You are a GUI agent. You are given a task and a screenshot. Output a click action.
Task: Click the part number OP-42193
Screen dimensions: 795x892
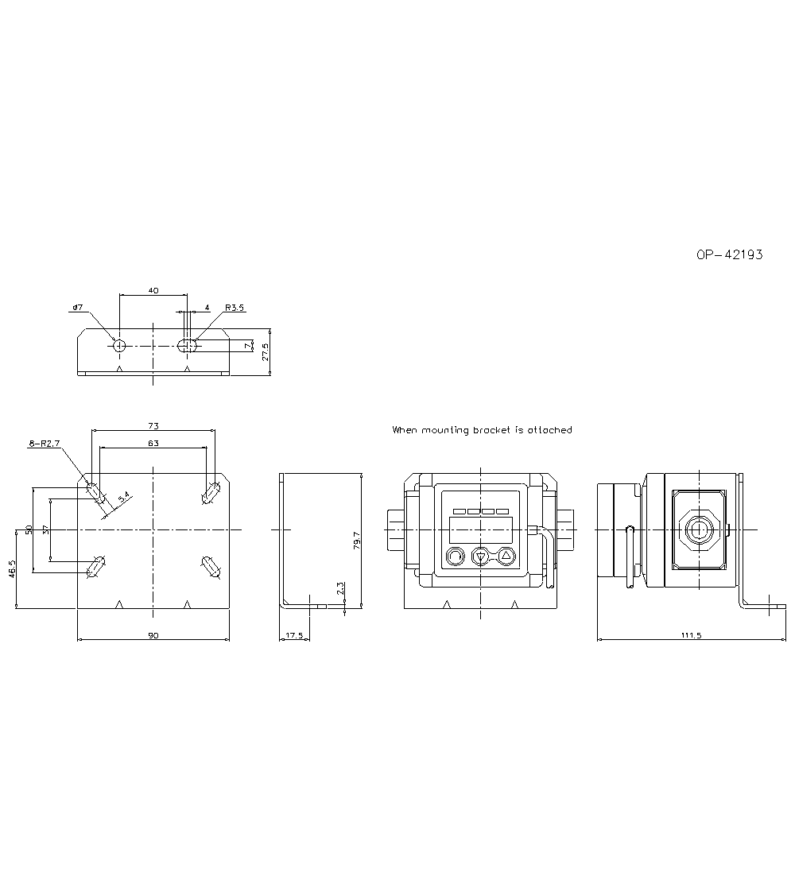(x=730, y=254)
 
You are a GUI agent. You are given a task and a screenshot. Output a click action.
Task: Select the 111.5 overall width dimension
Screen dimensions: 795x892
(x=691, y=635)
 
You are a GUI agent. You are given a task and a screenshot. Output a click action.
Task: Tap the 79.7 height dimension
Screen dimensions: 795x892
(x=356, y=540)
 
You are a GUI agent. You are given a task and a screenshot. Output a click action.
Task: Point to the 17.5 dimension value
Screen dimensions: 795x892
(x=294, y=635)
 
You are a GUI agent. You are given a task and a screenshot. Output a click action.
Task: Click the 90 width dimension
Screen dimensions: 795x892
(x=153, y=635)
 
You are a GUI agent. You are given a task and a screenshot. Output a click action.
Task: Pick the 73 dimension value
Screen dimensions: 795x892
(x=153, y=425)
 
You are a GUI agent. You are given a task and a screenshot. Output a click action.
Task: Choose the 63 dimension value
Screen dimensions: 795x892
(x=153, y=443)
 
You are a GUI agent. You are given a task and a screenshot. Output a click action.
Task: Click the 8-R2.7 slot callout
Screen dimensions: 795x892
(x=45, y=443)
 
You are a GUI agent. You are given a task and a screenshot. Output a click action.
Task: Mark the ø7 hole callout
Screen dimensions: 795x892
(x=77, y=308)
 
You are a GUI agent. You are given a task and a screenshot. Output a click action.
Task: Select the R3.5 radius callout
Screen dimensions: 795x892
(x=235, y=308)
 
